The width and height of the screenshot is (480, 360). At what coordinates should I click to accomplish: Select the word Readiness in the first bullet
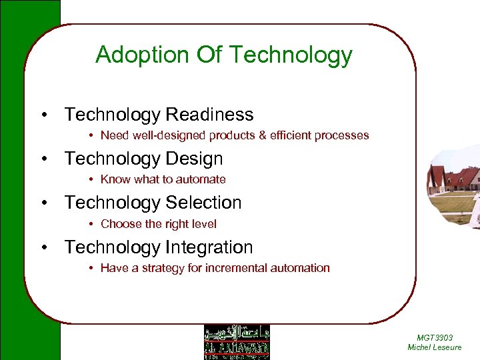point(209,115)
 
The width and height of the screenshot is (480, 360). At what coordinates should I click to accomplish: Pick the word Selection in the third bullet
point(203,203)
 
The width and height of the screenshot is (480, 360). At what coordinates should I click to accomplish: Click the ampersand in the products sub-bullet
point(262,135)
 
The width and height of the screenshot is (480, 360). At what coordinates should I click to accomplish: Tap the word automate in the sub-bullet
point(201,179)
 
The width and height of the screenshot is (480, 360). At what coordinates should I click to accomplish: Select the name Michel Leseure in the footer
point(434,347)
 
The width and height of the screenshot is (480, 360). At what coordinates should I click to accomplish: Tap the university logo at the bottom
point(237,342)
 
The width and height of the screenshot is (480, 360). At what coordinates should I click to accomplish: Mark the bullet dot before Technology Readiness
point(44,115)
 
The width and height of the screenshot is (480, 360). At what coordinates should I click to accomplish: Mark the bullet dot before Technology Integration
point(44,247)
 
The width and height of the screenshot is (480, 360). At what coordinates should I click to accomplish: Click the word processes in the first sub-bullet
point(344,135)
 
